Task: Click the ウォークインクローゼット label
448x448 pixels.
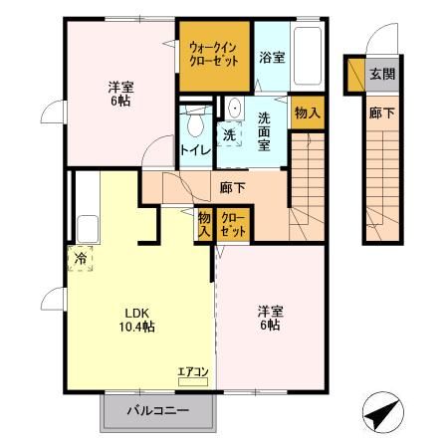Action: pyautogui.click(x=213, y=54)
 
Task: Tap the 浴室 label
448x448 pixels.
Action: pyautogui.click(x=271, y=58)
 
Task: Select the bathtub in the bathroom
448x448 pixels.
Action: pyautogui.click(x=310, y=57)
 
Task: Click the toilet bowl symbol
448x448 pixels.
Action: pyautogui.click(x=195, y=124)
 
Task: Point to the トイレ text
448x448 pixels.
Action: pyautogui.click(x=194, y=150)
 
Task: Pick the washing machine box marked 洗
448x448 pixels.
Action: pyautogui.click(x=229, y=133)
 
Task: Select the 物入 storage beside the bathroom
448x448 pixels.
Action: pyautogui.click(x=308, y=112)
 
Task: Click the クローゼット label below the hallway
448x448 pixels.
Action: pyautogui.click(x=233, y=223)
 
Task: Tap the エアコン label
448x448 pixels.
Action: pyautogui.click(x=192, y=373)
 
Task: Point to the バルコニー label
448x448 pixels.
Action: pyautogui.click(x=157, y=410)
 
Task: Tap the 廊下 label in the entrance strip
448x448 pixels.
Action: pyautogui.click(x=380, y=112)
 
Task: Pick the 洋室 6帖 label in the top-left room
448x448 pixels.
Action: pyautogui.click(x=119, y=93)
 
